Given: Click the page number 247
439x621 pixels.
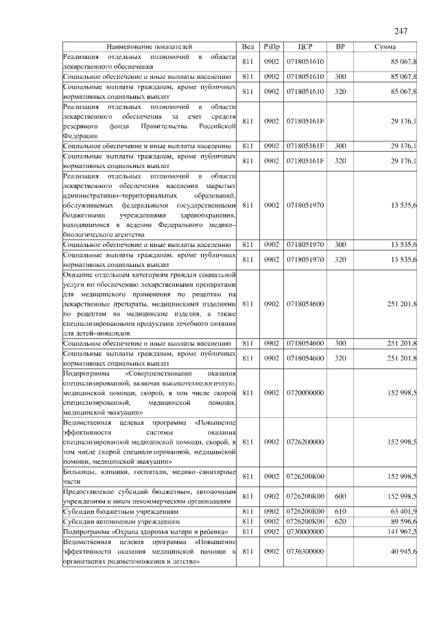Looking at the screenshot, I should click(401, 32).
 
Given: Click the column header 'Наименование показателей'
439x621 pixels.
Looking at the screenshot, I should click(150, 46).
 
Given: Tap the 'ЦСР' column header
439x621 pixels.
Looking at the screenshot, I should click(306, 46).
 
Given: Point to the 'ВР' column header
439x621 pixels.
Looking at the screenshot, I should click(340, 46).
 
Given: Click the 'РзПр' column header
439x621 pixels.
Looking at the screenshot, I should click(272, 46).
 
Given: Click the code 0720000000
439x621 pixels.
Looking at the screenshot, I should click(305, 392).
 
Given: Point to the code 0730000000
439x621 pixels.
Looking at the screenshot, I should click(305, 531).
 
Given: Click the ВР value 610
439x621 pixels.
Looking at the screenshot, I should click(340, 512).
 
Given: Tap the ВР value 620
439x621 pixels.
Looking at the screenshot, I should click(340, 522).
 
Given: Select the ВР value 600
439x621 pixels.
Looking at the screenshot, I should click(340, 496).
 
